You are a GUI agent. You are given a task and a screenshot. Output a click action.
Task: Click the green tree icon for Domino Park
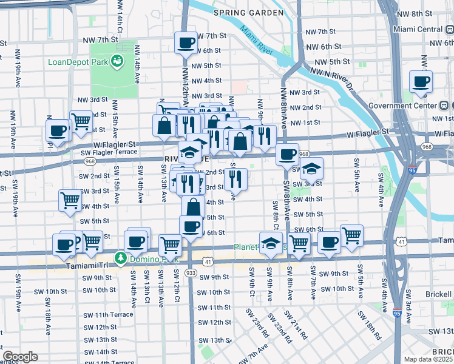tap(121, 258)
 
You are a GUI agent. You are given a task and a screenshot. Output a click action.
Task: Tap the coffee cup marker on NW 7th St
tap(186, 43)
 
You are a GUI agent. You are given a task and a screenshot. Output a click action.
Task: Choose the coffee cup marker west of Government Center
tap(421, 81)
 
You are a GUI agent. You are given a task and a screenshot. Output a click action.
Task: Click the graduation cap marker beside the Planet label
tap(271, 243)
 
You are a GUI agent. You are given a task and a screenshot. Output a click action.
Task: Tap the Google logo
tap(20, 357)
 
